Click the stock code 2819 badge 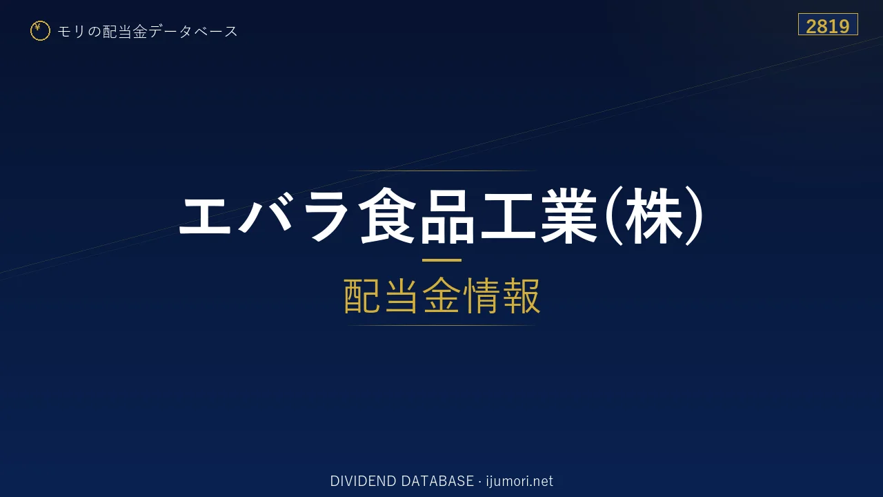(828, 24)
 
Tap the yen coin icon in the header (40, 31)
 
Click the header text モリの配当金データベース (148, 32)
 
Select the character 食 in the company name (388, 216)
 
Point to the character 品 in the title (448, 216)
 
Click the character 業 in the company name (569, 216)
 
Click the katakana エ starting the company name (205, 216)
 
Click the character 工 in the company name (508, 216)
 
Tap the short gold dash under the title (441, 260)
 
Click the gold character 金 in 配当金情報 (441, 295)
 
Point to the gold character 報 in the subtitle (521, 295)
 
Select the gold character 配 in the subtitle (363, 295)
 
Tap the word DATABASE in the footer (437, 481)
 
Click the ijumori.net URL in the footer (519, 481)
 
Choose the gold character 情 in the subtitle (482, 295)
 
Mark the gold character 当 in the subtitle (401, 295)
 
